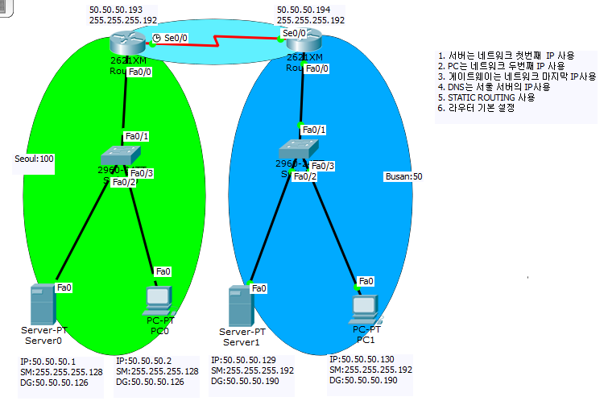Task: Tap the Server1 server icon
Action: (x=236, y=305)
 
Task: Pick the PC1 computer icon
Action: (x=366, y=307)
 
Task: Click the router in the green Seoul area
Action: (x=126, y=39)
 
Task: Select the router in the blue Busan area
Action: (x=304, y=40)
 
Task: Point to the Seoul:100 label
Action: (x=34, y=159)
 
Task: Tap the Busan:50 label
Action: (x=405, y=176)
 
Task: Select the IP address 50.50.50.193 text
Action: (x=111, y=8)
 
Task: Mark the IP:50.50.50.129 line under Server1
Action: (x=245, y=360)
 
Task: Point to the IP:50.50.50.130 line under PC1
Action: (x=363, y=358)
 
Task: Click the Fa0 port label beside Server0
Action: (x=64, y=287)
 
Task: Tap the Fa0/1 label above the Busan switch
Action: (x=313, y=130)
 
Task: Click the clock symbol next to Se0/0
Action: (x=157, y=38)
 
